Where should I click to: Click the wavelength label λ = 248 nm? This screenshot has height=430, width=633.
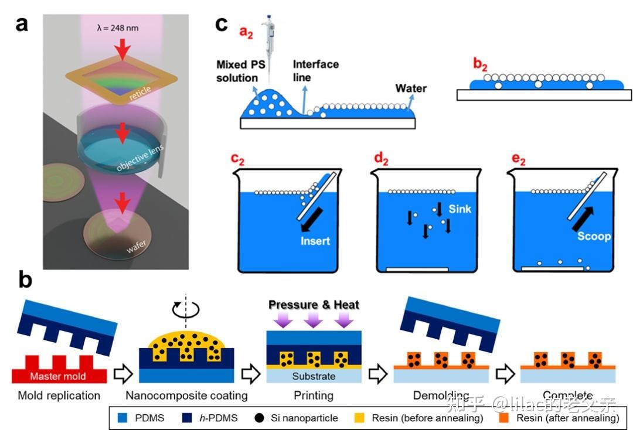(122, 28)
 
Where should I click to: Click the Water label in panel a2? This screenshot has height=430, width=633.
(411, 88)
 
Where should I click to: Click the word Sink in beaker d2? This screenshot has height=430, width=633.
(461, 209)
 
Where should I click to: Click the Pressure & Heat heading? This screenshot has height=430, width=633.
(314, 305)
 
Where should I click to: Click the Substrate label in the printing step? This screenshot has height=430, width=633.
(314, 376)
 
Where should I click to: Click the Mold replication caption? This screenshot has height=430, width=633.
(59, 395)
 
